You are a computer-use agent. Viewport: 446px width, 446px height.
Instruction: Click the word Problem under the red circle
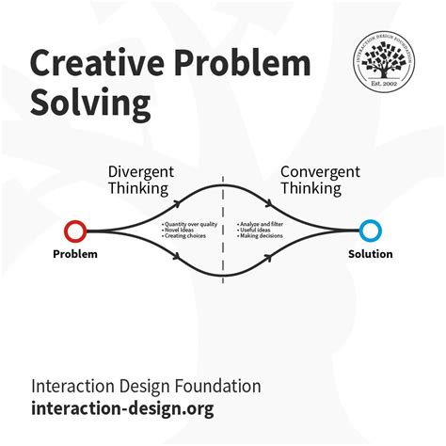point(74,254)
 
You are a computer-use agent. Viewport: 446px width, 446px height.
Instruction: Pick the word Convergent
point(320,172)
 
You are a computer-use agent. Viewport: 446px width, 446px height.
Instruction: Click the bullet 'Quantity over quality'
point(189,224)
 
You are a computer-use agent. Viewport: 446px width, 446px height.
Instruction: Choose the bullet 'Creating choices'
point(185,237)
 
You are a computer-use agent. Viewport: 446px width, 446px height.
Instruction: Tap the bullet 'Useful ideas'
point(254,231)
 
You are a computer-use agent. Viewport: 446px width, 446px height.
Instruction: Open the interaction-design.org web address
point(122,408)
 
